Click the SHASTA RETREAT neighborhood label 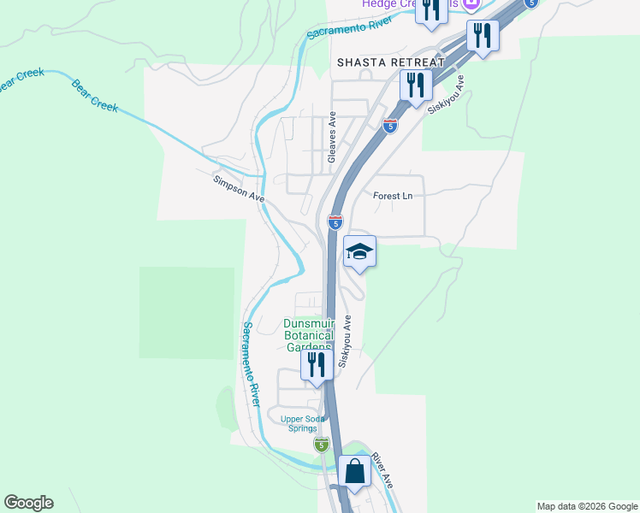[391, 62]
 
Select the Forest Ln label [393, 196]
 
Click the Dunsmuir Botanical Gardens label [308, 335]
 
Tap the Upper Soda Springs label [305, 423]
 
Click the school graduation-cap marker [359, 251]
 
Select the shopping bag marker [354, 471]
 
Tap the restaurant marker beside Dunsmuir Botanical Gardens [317, 365]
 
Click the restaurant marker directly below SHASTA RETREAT [416, 85]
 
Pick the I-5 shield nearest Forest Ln [335, 222]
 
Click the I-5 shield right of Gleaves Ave [390, 126]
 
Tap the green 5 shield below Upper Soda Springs [321, 445]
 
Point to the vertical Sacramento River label [250, 363]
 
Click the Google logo [28, 503]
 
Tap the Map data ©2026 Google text [587, 506]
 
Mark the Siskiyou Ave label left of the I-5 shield [347, 341]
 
